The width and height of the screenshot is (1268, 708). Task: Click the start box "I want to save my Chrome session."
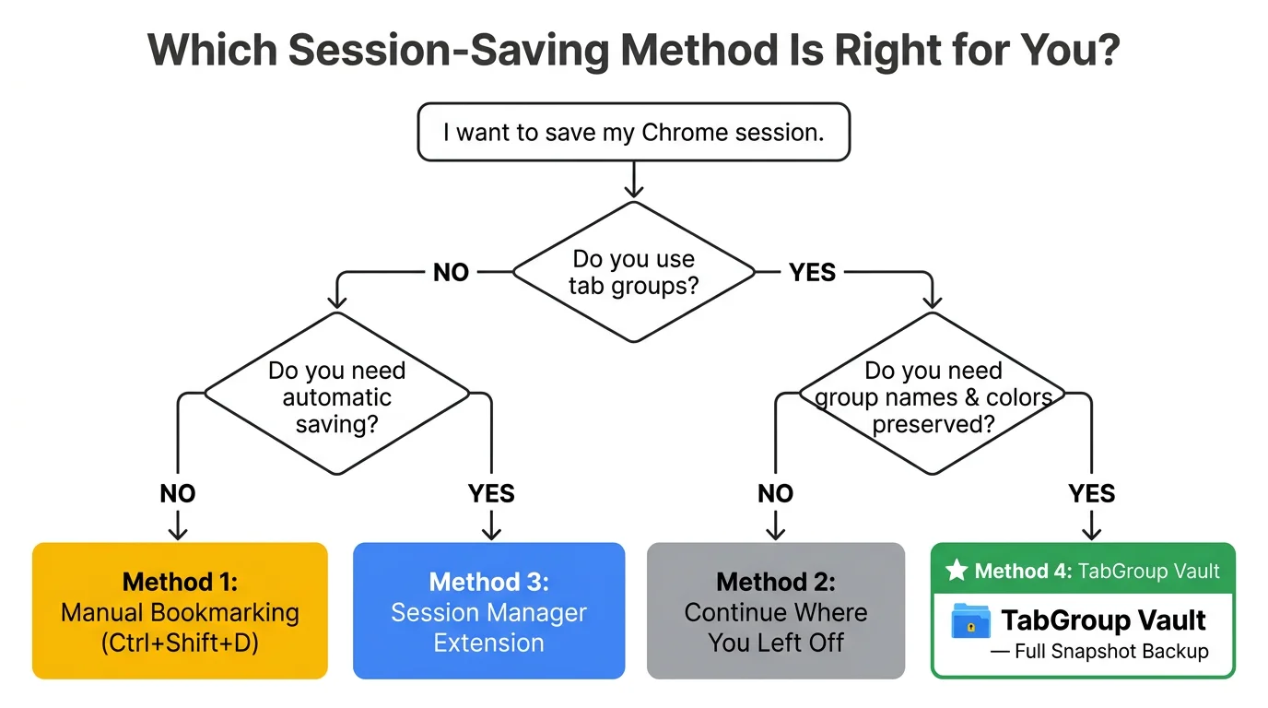point(633,132)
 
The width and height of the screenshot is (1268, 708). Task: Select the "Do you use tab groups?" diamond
point(633,272)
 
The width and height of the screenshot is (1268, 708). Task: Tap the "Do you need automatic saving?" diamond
point(336,396)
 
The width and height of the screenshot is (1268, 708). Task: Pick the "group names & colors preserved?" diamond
point(932,396)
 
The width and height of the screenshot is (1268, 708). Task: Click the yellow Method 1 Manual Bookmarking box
point(180,611)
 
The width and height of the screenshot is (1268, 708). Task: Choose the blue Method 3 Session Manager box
point(488,611)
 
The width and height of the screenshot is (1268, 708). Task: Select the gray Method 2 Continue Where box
point(775,611)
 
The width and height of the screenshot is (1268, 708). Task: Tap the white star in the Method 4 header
point(957,571)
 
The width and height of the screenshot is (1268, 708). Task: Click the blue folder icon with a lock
point(970,621)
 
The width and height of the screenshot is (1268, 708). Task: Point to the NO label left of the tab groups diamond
point(451,273)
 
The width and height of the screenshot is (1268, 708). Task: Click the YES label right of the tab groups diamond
point(812,273)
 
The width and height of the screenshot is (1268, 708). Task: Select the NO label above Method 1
point(177,494)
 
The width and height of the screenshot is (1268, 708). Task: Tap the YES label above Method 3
point(491,494)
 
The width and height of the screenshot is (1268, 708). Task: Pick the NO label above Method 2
point(775,494)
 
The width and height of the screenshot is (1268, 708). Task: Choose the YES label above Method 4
point(1092,494)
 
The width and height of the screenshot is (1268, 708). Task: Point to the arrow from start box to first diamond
point(633,180)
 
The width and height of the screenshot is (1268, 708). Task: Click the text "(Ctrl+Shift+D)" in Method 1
point(180,643)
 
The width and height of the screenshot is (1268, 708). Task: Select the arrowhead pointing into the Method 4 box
point(1092,534)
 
